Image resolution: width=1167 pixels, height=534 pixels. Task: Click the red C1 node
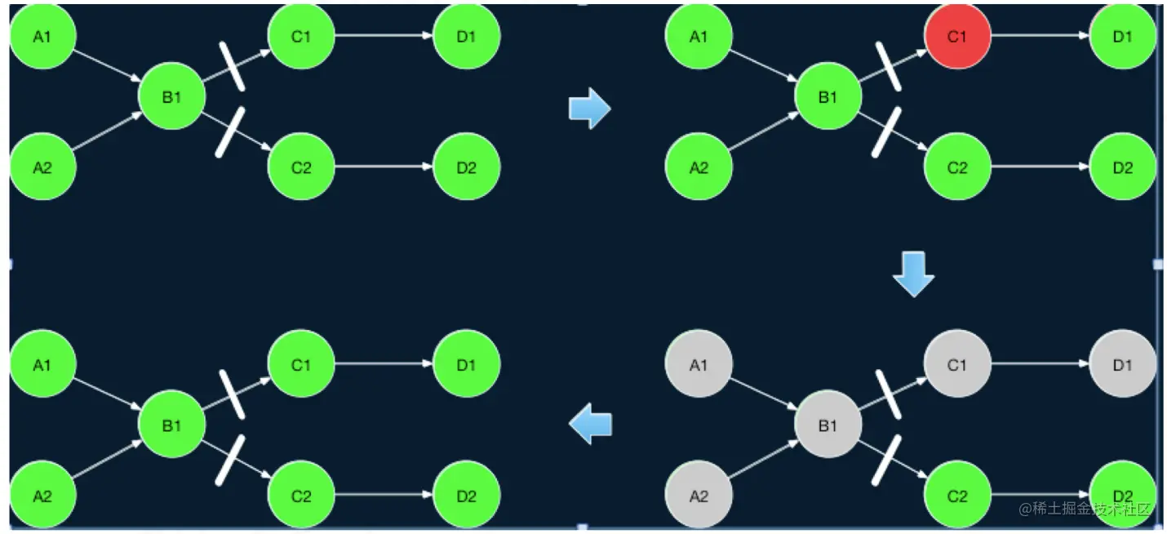(x=957, y=37)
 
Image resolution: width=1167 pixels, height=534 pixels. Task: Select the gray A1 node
(x=699, y=365)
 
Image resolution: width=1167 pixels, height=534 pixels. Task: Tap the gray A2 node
(x=699, y=496)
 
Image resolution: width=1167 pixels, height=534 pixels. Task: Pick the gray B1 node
(x=828, y=425)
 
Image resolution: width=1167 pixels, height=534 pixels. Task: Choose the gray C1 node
(x=957, y=365)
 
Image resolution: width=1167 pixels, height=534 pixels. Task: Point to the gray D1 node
(x=1122, y=365)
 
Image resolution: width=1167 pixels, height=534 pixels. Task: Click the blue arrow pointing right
(x=589, y=109)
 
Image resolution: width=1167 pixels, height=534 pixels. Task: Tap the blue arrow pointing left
(x=590, y=425)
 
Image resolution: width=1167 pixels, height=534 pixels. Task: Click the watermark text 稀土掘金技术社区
(x=1085, y=509)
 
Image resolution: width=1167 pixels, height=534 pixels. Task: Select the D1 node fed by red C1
(x=1122, y=37)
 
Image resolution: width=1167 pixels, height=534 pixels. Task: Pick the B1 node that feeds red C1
(x=828, y=97)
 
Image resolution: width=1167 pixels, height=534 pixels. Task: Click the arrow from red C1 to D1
(x=1041, y=37)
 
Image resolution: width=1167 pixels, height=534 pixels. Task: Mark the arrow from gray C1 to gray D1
(x=1041, y=365)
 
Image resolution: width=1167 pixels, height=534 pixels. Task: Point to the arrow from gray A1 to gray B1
(x=763, y=394)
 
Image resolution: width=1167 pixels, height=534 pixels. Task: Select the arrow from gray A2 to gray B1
(x=763, y=461)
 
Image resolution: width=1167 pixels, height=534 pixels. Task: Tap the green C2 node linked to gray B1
(x=957, y=496)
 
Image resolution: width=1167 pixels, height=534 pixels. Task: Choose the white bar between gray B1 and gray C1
(x=888, y=394)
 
